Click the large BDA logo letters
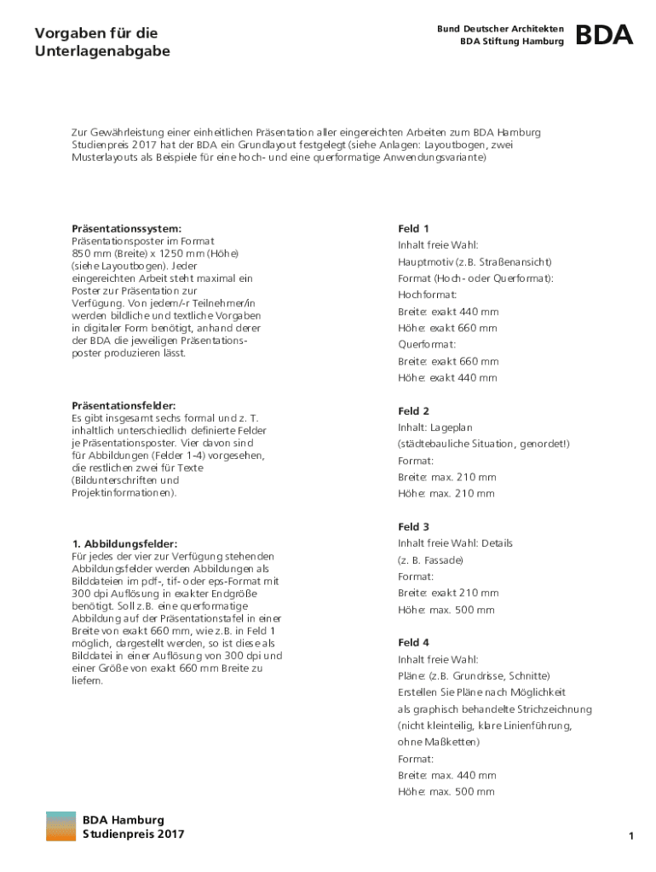click(604, 35)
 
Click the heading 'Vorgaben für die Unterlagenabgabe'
click(102, 42)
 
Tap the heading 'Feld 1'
click(413, 228)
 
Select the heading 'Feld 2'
click(413, 410)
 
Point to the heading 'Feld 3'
click(413, 527)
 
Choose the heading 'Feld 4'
click(413, 642)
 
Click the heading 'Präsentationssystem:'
click(126, 228)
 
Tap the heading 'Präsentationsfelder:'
click(124, 406)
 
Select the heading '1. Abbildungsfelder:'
click(124, 543)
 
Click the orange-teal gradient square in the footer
click(60, 827)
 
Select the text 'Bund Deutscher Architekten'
click(500, 29)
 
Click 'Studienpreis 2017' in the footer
click(133, 835)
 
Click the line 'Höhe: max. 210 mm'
click(446, 494)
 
